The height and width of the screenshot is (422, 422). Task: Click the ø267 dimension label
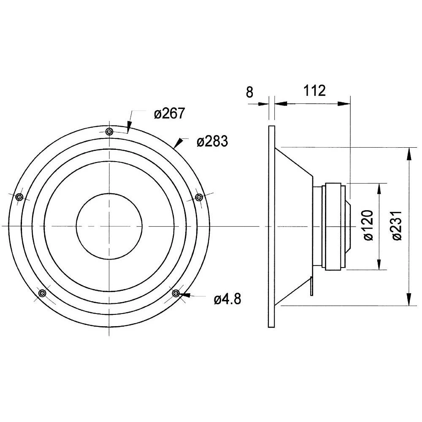[x=169, y=114]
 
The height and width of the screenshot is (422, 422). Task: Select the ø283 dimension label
[x=212, y=141]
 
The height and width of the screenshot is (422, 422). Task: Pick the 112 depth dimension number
[x=314, y=91]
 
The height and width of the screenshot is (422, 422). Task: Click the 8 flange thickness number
[x=250, y=92]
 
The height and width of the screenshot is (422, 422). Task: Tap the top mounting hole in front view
[x=109, y=131]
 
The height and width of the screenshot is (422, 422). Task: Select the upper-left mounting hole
[x=19, y=197]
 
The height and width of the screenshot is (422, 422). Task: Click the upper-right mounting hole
[x=199, y=197]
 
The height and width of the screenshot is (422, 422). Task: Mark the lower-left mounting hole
[x=42, y=293]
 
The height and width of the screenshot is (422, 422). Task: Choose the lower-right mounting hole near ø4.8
[x=176, y=293]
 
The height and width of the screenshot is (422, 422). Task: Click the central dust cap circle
[x=109, y=226]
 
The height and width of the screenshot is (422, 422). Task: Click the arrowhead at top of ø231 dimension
[x=408, y=153]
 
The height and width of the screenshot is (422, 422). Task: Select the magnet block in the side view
[x=335, y=226]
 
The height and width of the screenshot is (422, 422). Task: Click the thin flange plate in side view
[x=272, y=226]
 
